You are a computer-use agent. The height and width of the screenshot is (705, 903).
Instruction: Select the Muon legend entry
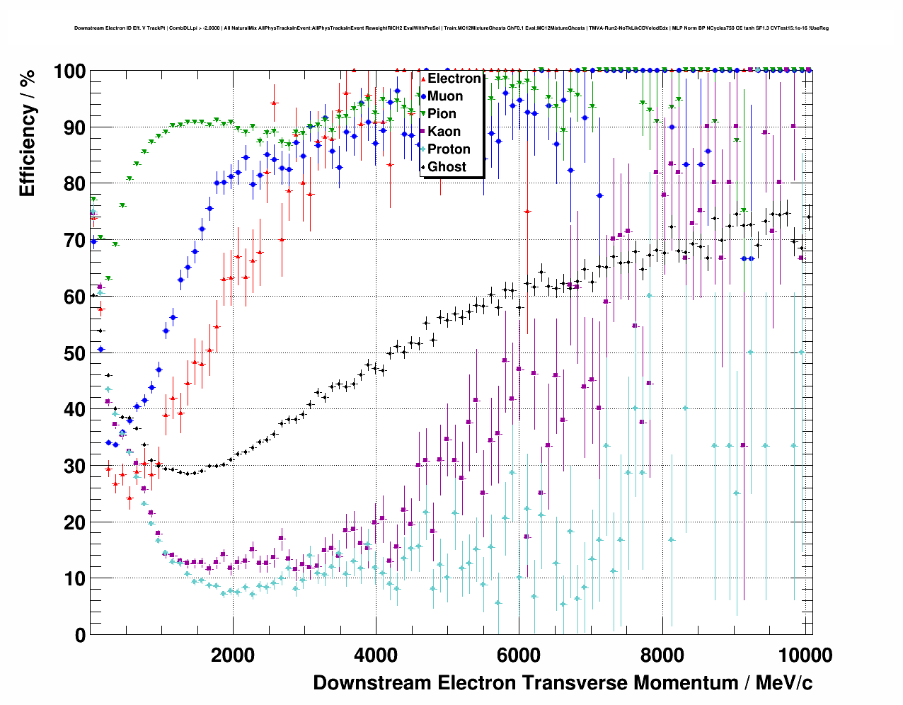tap(445, 96)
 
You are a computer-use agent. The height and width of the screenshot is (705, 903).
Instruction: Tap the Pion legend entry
tap(442, 114)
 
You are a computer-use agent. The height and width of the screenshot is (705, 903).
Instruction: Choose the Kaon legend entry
tap(444, 132)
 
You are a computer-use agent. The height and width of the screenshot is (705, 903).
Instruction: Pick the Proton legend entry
tap(449, 149)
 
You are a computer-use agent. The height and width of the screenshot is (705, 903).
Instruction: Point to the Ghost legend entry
tap(447, 167)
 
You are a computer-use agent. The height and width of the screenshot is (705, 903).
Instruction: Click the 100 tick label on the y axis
tap(70, 71)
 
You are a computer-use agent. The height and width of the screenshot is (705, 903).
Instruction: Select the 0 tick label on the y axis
tap(80, 635)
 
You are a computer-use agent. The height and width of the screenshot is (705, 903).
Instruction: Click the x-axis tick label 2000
tap(233, 655)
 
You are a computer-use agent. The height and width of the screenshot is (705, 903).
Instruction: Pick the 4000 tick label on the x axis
tap(376, 655)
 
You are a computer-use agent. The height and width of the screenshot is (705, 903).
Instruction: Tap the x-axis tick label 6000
tap(519, 655)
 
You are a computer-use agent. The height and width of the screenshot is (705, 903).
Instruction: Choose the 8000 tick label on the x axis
tap(662, 655)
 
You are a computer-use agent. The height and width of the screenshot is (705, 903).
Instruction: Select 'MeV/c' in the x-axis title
tap(783, 683)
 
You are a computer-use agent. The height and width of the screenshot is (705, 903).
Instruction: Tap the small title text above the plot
tap(451, 28)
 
